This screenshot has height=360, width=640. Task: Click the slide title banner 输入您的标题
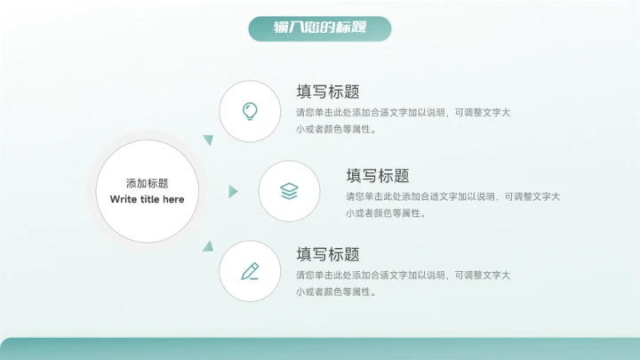pyautogui.click(x=320, y=28)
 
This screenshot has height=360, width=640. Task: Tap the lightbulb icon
pyautogui.click(x=251, y=110)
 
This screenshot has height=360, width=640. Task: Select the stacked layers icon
pyautogui.click(x=289, y=191)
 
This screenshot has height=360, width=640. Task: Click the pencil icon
pyautogui.click(x=251, y=271)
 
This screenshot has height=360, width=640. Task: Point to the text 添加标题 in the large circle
pyautogui.click(x=147, y=183)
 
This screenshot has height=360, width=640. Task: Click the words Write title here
pyautogui.click(x=147, y=199)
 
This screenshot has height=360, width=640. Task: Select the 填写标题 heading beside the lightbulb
pyautogui.click(x=328, y=92)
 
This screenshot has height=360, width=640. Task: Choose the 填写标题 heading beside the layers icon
pyautogui.click(x=377, y=175)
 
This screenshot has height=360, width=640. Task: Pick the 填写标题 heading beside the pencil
pyautogui.click(x=328, y=254)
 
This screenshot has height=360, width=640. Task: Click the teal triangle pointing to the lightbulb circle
pyautogui.click(x=209, y=140)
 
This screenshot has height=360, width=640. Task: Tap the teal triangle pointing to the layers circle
pyautogui.click(x=233, y=191)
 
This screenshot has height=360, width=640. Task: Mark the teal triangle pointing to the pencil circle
pyautogui.click(x=209, y=244)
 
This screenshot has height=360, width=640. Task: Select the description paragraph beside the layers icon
pyautogui.click(x=452, y=204)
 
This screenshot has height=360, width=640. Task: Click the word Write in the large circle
pyautogui.click(x=123, y=199)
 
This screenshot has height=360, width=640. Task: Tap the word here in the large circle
pyautogui.click(x=173, y=199)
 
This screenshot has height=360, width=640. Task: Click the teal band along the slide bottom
pyautogui.click(x=320, y=348)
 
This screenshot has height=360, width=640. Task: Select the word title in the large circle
pyautogui.click(x=148, y=199)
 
